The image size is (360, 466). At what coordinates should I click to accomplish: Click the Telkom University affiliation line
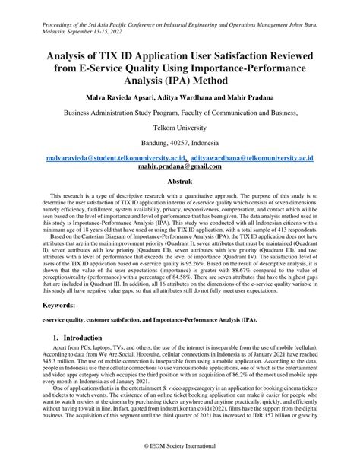(x=180, y=129)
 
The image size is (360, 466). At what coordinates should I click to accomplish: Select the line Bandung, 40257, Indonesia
(x=180, y=144)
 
